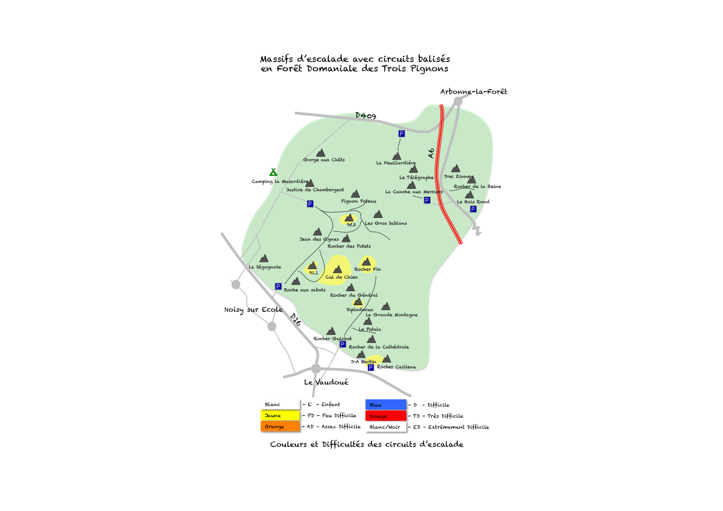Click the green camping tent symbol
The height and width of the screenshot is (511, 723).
273,172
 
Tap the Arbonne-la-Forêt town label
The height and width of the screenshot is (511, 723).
473,91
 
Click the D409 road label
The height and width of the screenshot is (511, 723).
366,115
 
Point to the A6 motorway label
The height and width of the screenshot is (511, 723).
431,153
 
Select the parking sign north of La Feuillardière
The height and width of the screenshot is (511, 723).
401,134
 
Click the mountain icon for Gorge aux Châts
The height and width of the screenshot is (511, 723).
320,153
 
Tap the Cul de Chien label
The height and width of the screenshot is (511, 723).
341,277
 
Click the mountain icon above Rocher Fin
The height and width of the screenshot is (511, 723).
366,262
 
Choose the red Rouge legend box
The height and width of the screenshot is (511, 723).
386,416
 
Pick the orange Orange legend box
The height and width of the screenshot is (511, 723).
280,427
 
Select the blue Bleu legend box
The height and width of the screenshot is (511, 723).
386,405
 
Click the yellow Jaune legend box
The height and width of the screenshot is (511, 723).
280,416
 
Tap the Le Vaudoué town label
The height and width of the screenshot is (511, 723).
326,382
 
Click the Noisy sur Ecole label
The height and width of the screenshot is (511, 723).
253,310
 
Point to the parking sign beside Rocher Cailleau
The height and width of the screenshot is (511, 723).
371,367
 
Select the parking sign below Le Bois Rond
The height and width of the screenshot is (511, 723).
473,209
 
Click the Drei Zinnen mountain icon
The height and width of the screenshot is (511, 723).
455,169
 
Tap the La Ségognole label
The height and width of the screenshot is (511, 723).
265,267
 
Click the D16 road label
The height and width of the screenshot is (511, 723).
296,319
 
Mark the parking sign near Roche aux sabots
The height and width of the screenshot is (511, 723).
278,287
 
